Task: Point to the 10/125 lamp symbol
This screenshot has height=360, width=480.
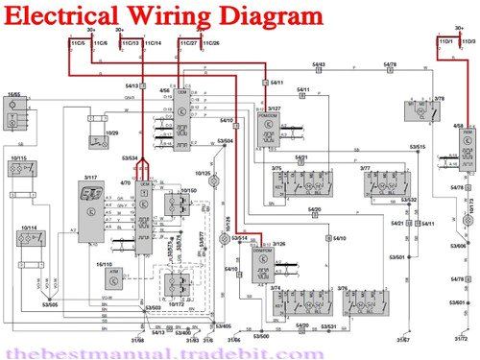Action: pyautogui.click(x=217, y=180)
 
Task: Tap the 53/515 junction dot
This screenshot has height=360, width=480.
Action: pyautogui.click(x=417, y=153)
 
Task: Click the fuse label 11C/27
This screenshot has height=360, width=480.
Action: pyautogui.click(x=189, y=44)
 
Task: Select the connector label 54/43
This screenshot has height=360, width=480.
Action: pyautogui.click(x=318, y=64)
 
